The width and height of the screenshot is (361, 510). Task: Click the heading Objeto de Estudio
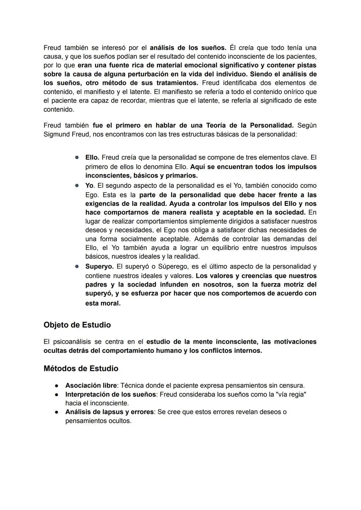77,325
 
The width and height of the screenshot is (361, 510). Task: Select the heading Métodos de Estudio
81,369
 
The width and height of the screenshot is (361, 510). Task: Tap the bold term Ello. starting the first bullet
92,158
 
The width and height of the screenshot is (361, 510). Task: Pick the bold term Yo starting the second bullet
89,186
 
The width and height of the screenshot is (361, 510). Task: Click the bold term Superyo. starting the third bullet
99,267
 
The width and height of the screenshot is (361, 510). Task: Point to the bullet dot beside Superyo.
77,267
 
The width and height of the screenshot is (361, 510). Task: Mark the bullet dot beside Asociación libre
57,386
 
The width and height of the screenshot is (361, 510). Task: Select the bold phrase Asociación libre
91,386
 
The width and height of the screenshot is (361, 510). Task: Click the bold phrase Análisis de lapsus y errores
109,412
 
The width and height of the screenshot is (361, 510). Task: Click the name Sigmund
55,134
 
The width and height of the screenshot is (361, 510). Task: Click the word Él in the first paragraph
233,48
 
